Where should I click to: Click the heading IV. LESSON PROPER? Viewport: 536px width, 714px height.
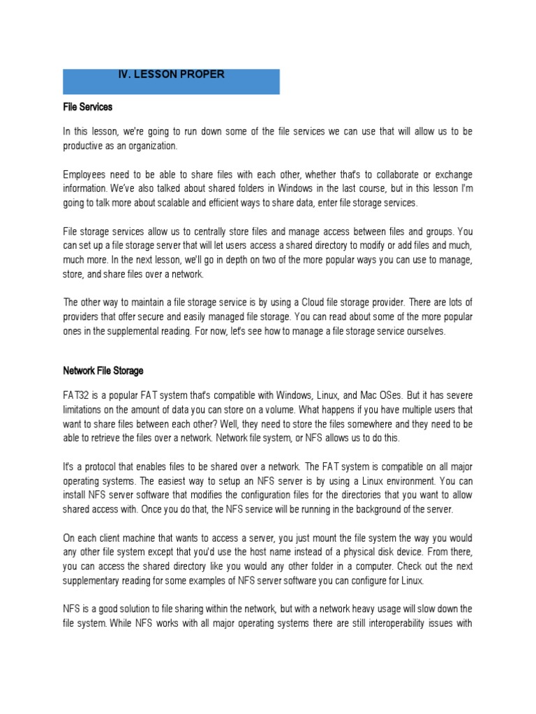point(170,75)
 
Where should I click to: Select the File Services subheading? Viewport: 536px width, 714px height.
point(87,108)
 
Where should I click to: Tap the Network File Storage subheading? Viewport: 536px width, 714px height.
point(103,371)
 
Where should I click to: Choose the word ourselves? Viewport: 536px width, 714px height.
point(421,331)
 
